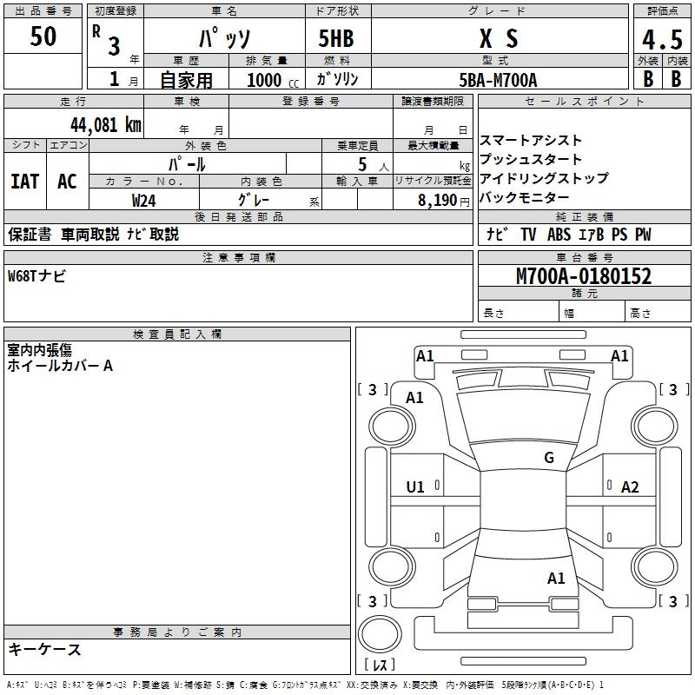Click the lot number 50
pos(43,36)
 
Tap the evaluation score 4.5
pos(661,41)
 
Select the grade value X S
pos(499,39)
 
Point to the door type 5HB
pos(335,39)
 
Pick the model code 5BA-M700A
pos(498,80)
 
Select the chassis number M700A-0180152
pos(584,276)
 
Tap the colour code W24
pos(144,200)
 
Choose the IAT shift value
pos(25,182)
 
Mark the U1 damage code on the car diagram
pos(415,487)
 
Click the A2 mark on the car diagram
pos(630,487)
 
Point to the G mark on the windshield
pos(549,458)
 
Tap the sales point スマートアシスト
pos(531,141)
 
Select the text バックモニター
pos(525,198)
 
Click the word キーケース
pos(44,649)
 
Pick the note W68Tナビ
pos(36,276)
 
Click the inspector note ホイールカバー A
pos(60,366)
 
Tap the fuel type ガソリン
pos(338,79)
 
